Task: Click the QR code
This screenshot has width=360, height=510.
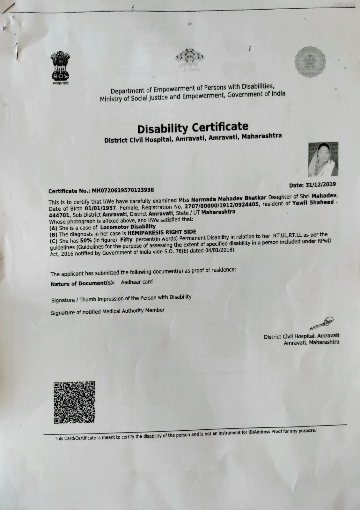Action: coord(74,402)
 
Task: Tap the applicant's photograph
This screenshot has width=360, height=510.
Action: coord(323,159)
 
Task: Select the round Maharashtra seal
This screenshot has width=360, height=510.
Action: coord(311,62)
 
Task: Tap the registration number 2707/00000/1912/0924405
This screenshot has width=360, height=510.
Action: coord(222,204)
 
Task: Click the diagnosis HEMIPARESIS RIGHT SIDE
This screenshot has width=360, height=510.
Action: coord(162,232)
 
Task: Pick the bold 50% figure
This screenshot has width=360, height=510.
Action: coord(86,240)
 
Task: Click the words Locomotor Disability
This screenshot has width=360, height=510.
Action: coord(128,227)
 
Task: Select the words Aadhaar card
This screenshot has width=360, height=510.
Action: coord(137,282)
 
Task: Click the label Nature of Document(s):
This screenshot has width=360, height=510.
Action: coord(83,283)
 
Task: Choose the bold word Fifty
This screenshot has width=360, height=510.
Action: coord(126,239)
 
